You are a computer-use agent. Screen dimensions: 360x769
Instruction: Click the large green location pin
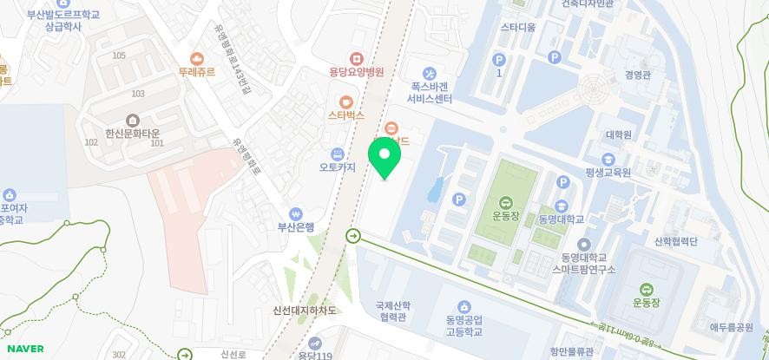click(384, 158)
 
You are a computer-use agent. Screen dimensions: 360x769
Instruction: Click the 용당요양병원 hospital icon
click(354, 58)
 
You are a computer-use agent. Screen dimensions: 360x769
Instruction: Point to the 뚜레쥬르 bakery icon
click(197, 58)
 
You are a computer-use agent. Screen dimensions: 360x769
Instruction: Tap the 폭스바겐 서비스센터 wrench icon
click(430, 72)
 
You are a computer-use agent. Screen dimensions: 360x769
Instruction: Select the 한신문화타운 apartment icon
click(132, 120)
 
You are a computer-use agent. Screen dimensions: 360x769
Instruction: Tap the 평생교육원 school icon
click(608, 159)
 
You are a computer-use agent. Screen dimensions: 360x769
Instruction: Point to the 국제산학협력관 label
click(391, 311)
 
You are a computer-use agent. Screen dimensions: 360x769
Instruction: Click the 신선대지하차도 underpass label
click(304, 311)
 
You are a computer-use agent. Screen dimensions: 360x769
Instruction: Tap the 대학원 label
click(618, 135)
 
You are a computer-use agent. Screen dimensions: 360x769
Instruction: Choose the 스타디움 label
click(517, 28)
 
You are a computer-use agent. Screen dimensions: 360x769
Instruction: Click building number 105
click(119, 56)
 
